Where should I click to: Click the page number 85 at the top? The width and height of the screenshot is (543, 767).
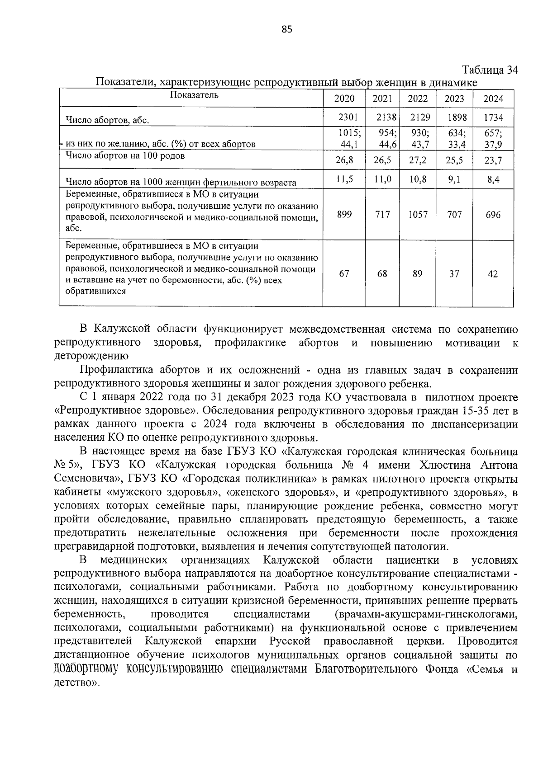coord(287,29)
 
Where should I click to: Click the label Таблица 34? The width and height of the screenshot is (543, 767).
coord(490,70)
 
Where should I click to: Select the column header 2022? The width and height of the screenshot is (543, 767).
coord(418,99)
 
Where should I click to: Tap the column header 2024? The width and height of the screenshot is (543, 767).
coord(493,99)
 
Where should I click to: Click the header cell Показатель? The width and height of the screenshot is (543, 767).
coord(194,95)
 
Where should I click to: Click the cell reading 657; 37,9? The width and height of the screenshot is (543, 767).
coord(493,139)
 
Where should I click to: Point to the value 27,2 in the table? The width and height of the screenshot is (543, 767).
coord(418,160)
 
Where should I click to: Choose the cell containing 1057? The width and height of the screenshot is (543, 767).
coord(418,215)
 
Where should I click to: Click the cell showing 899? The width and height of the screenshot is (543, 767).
coord(344,215)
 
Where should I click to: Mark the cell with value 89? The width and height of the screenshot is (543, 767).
coord(418,274)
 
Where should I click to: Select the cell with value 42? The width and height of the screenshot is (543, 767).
coord(493,274)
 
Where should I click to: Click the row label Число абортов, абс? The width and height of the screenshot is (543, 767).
coord(108,120)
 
